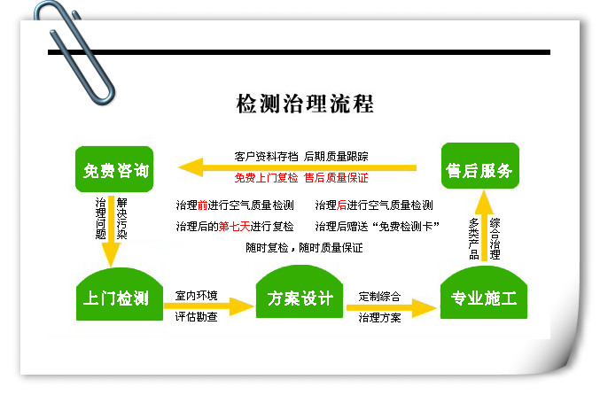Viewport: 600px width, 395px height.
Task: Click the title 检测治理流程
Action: (x=305, y=104)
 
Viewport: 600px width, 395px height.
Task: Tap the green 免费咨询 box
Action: (x=114, y=169)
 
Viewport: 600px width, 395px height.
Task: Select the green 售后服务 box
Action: (x=480, y=166)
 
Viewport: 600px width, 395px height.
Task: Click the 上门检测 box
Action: (x=120, y=294)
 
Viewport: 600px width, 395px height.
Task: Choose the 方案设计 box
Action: (x=300, y=291)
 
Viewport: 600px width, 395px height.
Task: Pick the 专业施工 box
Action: (x=484, y=292)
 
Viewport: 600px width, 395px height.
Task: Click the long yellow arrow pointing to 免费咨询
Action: (x=297, y=167)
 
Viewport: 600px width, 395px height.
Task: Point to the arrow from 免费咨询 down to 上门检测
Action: (x=111, y=232)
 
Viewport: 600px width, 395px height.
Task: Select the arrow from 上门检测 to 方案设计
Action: (x=209, y=306)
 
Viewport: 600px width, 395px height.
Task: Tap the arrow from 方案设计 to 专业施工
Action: (x=392, y=307)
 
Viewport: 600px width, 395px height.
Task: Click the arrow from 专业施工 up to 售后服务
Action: (x=484, y=226)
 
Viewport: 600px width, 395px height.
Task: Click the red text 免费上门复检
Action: (x=266, y=178)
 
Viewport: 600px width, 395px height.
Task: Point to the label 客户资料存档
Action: (x=266, y=157)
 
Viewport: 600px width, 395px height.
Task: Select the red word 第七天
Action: (x=234, y=227)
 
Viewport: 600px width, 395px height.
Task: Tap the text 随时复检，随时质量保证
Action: (x=304, y=248)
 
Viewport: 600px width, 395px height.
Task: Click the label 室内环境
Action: (x=196, y=296)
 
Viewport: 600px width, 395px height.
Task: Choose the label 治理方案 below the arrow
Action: (x=379, y=318)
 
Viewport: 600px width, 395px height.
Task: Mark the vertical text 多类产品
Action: (x=474, y=238)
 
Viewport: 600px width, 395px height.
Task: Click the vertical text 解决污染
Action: (x=121, y=219)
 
